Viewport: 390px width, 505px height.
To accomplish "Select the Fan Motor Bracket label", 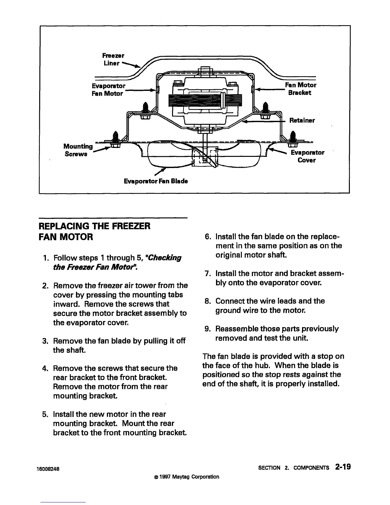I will (300, 89).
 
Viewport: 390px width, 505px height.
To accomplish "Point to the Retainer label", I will (302, 120).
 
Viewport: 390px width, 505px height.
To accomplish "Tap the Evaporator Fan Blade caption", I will (156, 181).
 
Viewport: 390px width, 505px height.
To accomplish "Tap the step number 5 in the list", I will (45, 414).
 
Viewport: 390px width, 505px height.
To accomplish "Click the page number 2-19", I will (343, 467).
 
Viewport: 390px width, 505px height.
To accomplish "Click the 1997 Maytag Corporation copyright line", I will (186, 477).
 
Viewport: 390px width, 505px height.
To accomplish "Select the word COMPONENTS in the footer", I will (312, 468).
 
